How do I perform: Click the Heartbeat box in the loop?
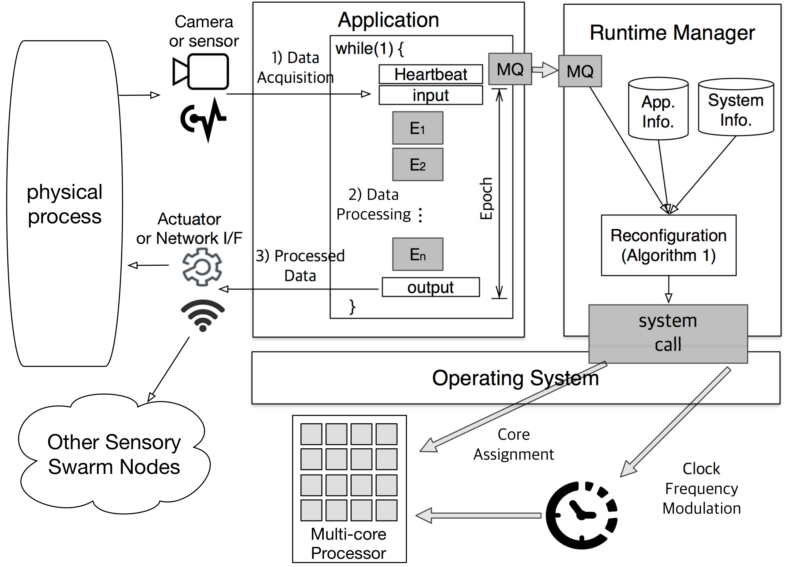[x=431, y=74]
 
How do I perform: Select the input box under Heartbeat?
[x=431, y=95]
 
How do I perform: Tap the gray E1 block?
[x=418, y=128]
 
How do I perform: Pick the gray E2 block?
[x=418, y=165]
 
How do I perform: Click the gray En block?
[x=418, y=254]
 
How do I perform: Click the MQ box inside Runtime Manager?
[x=580, y=71]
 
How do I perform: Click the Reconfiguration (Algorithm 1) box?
[x=668, y=245]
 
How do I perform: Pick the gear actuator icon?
[x=202, y=267]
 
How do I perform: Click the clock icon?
[x=582, y=515]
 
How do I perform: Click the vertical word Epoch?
[x=486, y=199]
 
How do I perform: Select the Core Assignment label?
[x=514, y=444]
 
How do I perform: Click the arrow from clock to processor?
[x=479, y=516]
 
